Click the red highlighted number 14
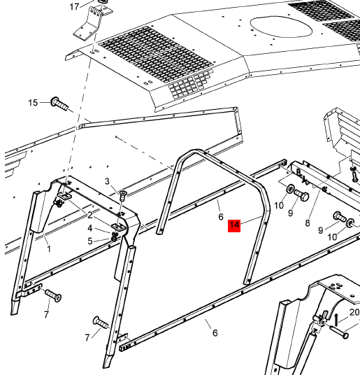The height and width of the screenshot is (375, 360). (234, 225)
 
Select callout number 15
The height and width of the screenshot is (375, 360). (33, 103)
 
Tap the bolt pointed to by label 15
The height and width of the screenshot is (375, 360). (59, 104)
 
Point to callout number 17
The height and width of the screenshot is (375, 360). (74, 7)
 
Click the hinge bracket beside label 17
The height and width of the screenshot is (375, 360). (93, 21)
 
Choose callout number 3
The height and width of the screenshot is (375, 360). (107, 181)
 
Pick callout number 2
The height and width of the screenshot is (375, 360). (89, 215)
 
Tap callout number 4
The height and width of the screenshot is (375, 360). (89, 228)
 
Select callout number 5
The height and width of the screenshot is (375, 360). (89, 241)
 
